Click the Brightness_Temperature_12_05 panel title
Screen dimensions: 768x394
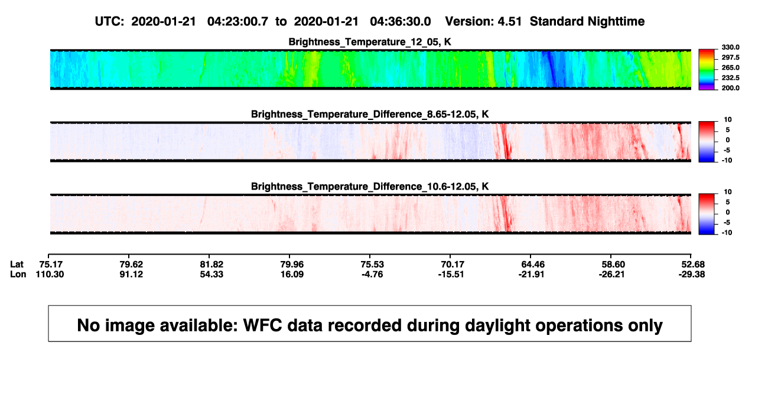[370, 42]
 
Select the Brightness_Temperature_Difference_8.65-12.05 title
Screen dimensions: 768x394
[370, 114]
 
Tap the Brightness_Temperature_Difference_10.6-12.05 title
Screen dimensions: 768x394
[370, 187]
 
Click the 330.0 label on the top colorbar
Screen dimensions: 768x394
[730, 47]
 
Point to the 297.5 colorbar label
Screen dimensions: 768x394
[730, 57]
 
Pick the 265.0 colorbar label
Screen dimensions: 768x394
[730, 67]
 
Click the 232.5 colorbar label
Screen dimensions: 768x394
[730, 78]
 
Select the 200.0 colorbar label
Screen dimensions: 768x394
[730, 88]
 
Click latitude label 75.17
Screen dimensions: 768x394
[51, 265]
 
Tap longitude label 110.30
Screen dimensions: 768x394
[50, 274]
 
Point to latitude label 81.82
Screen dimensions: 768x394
[211, 265]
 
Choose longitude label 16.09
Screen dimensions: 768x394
[292, 274]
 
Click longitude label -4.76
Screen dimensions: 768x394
[372, 274]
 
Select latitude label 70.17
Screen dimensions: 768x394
[453, 265]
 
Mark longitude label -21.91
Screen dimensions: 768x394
[531, 274]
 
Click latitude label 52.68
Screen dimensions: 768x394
[693, 265]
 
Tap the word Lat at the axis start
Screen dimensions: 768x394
[17, 265]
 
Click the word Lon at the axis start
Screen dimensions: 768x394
[18, 274]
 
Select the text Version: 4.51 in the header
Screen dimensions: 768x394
[483, 21]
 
